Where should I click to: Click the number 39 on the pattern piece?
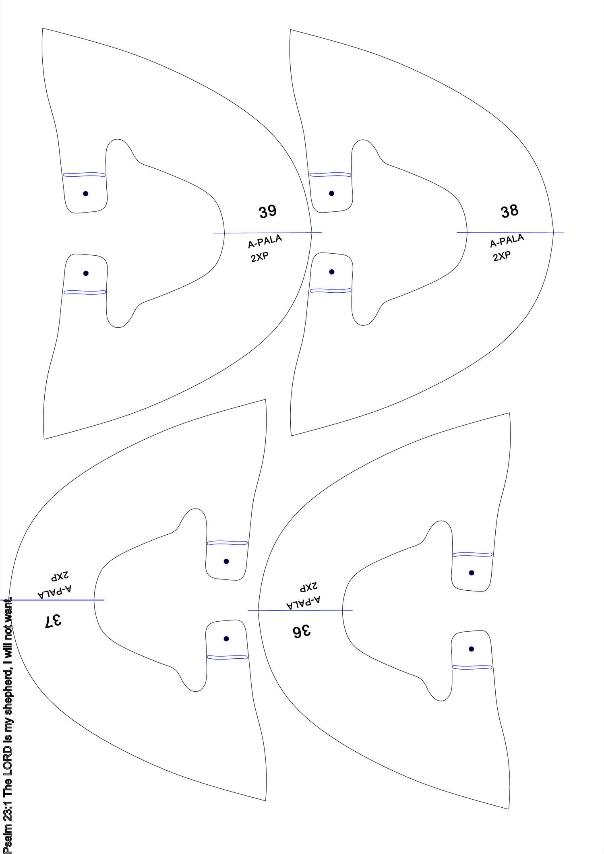point(267,212)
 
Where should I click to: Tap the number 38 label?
point(509,211)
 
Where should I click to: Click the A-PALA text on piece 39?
point(265,242)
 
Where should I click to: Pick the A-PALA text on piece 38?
point(507,241)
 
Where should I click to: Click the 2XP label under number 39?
point(260,256)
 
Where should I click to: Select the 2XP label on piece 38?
point(502,255)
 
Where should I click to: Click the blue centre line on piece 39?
point(268,233)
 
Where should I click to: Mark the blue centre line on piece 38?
point(510,232)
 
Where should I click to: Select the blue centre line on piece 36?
point(300,611)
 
